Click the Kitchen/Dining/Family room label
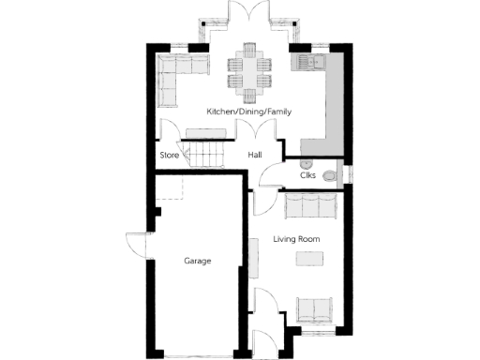pyautogui.click(x=249, y=112)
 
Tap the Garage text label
pyautogui.click(x=198, y=262)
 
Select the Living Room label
pyautogui.click(x=296, y=239)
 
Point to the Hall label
pyautogui.click(x=254, y=155)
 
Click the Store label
pyautogui.click(x=169, y=155)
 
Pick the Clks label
pyautogui.click(x=307, y=174)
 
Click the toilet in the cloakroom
pyautogui.click(x=329, y=175)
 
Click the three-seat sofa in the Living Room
pyautogui.click(x=312, y=204)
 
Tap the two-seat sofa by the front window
pyautogui.click(x=313, y=310)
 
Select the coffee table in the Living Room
pyautogui.click(x=307, y=258)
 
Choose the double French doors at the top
pyautogui.click(x=249, y=21)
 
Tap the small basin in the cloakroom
pyautogui.click(x=339, y=174)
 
